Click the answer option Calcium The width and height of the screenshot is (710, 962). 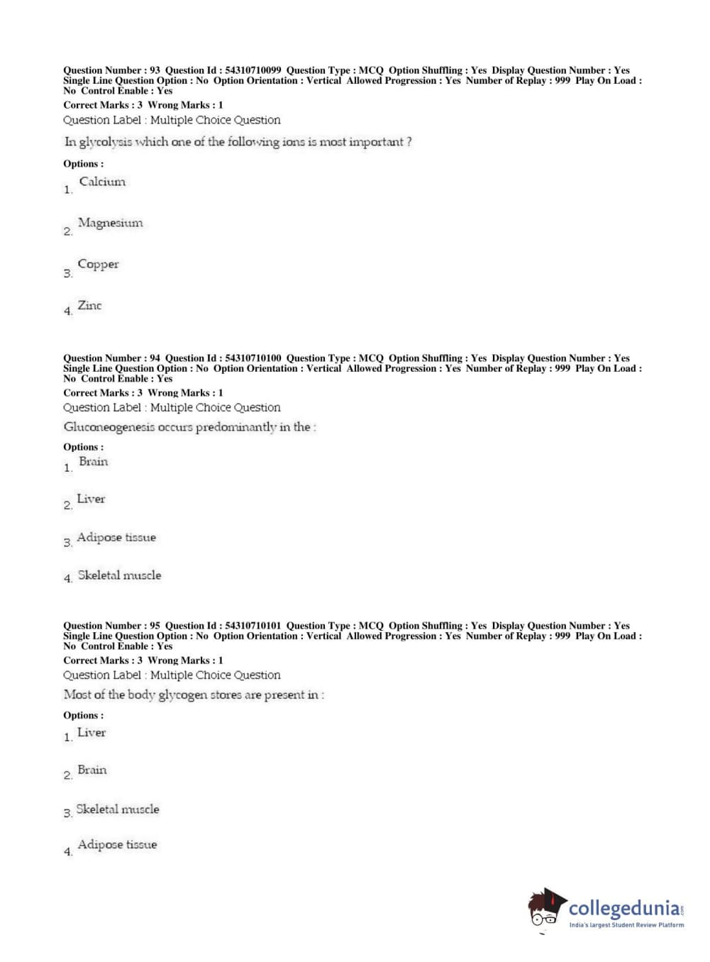click(102, 182)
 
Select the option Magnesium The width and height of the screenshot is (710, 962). click(110, 223)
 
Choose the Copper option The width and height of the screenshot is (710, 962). click(98, 264)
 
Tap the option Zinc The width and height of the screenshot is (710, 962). click(89, 306)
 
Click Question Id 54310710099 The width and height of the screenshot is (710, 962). click(253, 70)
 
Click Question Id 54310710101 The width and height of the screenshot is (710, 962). click(253, 626)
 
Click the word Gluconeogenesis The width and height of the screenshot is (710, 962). click(109, 427)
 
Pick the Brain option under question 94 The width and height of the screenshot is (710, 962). click(93, 462)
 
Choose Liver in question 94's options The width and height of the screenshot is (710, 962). click(91, 499)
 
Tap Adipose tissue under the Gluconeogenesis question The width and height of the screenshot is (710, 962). click(116, 538)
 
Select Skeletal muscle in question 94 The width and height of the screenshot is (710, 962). click(119, 575)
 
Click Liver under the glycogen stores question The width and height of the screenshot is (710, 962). click(91, 733)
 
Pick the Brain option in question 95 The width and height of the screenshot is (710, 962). click(91, 770)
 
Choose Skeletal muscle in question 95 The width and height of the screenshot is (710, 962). click(118, 809)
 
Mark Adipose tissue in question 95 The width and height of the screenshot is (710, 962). click(117, 845)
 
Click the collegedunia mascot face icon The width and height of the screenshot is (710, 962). click(546, 908)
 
